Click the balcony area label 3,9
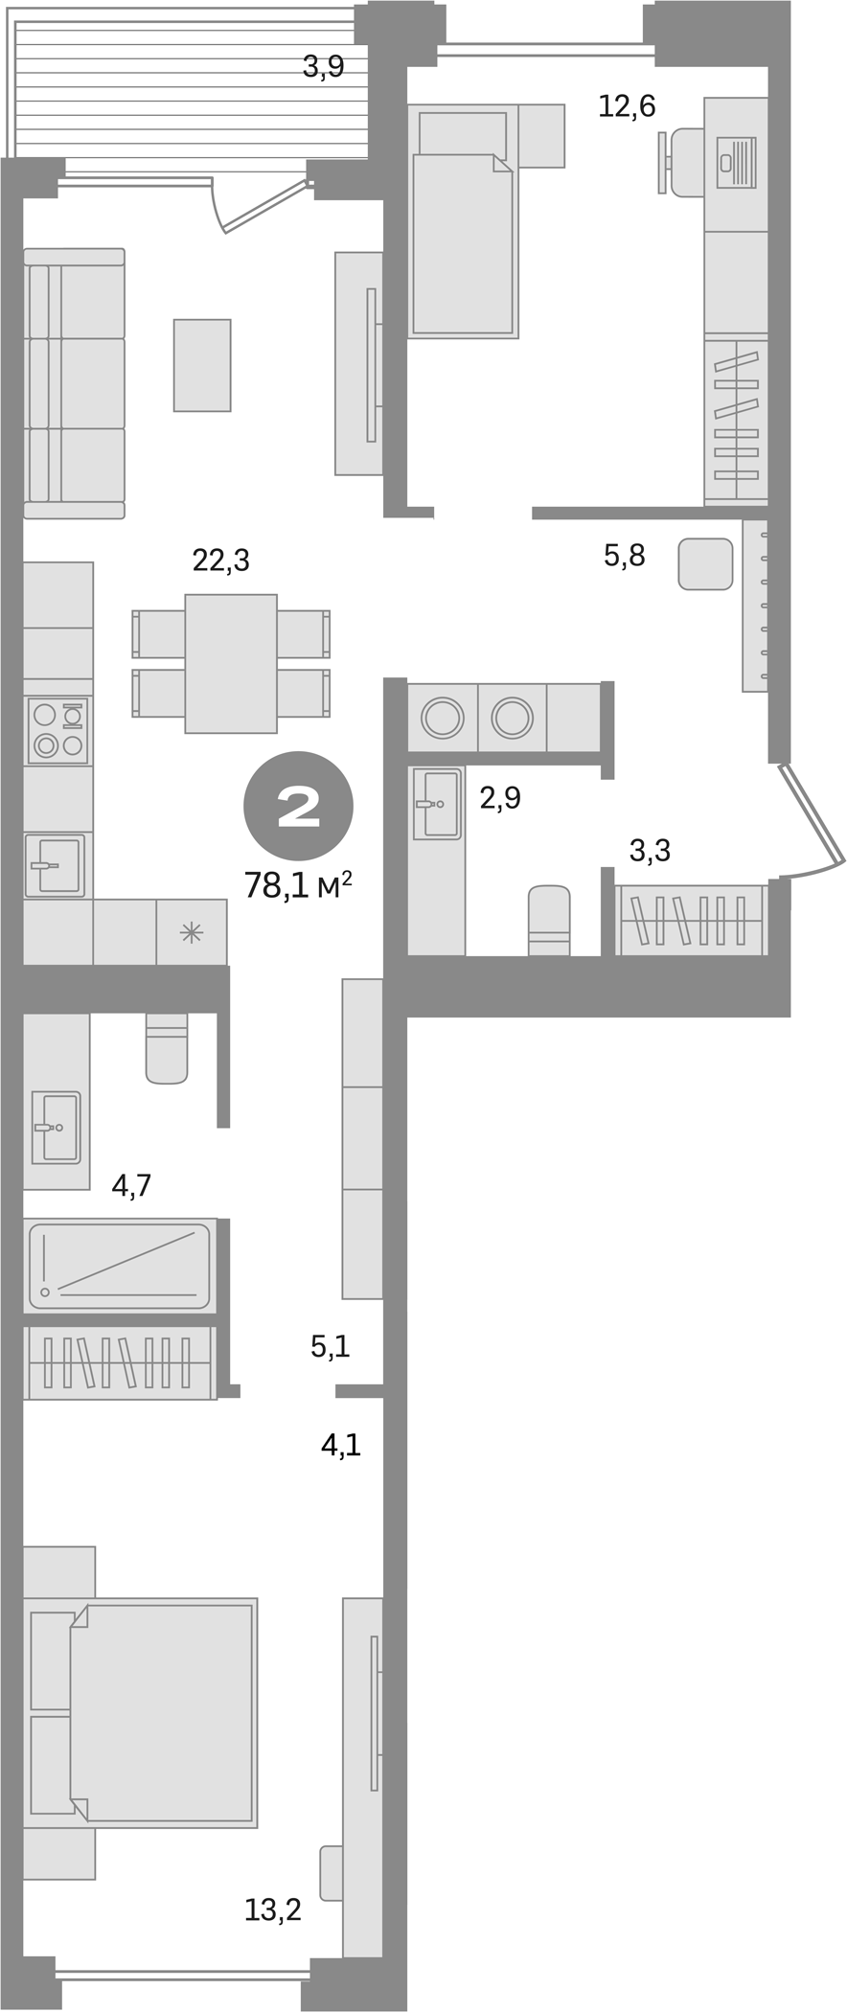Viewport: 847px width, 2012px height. pos(323,67)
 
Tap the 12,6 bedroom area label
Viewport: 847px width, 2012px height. pos(627,106)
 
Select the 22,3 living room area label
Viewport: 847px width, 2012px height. pos(220,560)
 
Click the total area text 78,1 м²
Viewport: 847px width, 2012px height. pos(298,885)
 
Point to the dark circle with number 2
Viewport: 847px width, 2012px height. pos(299,806)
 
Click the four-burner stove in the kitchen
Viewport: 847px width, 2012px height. pos(57,731)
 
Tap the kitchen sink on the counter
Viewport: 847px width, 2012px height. pos(55,865)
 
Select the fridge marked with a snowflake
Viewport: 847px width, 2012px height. pos(192,932)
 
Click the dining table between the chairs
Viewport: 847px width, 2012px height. pos(231,663)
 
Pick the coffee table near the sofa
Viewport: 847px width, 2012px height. pos(202,365)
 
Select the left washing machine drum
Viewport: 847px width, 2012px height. pos(443,718)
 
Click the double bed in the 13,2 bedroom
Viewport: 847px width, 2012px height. pos(161,1712)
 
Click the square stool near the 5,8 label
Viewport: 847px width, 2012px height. pos(705,563)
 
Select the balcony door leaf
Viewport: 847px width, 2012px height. pos(263,207)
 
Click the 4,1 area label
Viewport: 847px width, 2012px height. pos(340,1445)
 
